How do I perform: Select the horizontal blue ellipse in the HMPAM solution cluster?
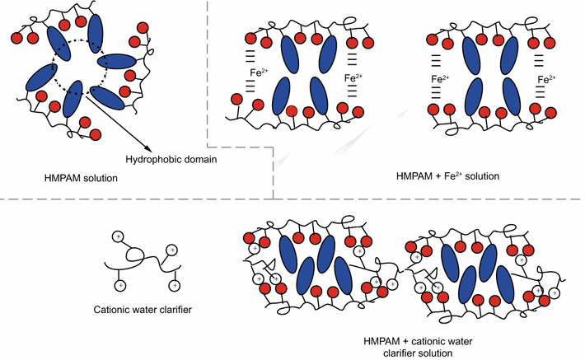pyautogui.click(x=119, y=61)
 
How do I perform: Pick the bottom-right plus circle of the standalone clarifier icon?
pyautogui.click(x=174, y=285)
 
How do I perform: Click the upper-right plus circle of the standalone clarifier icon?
pyautogui.click(x=171, y=249)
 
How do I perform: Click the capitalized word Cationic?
pyautogui.click(x=113, y=311)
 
